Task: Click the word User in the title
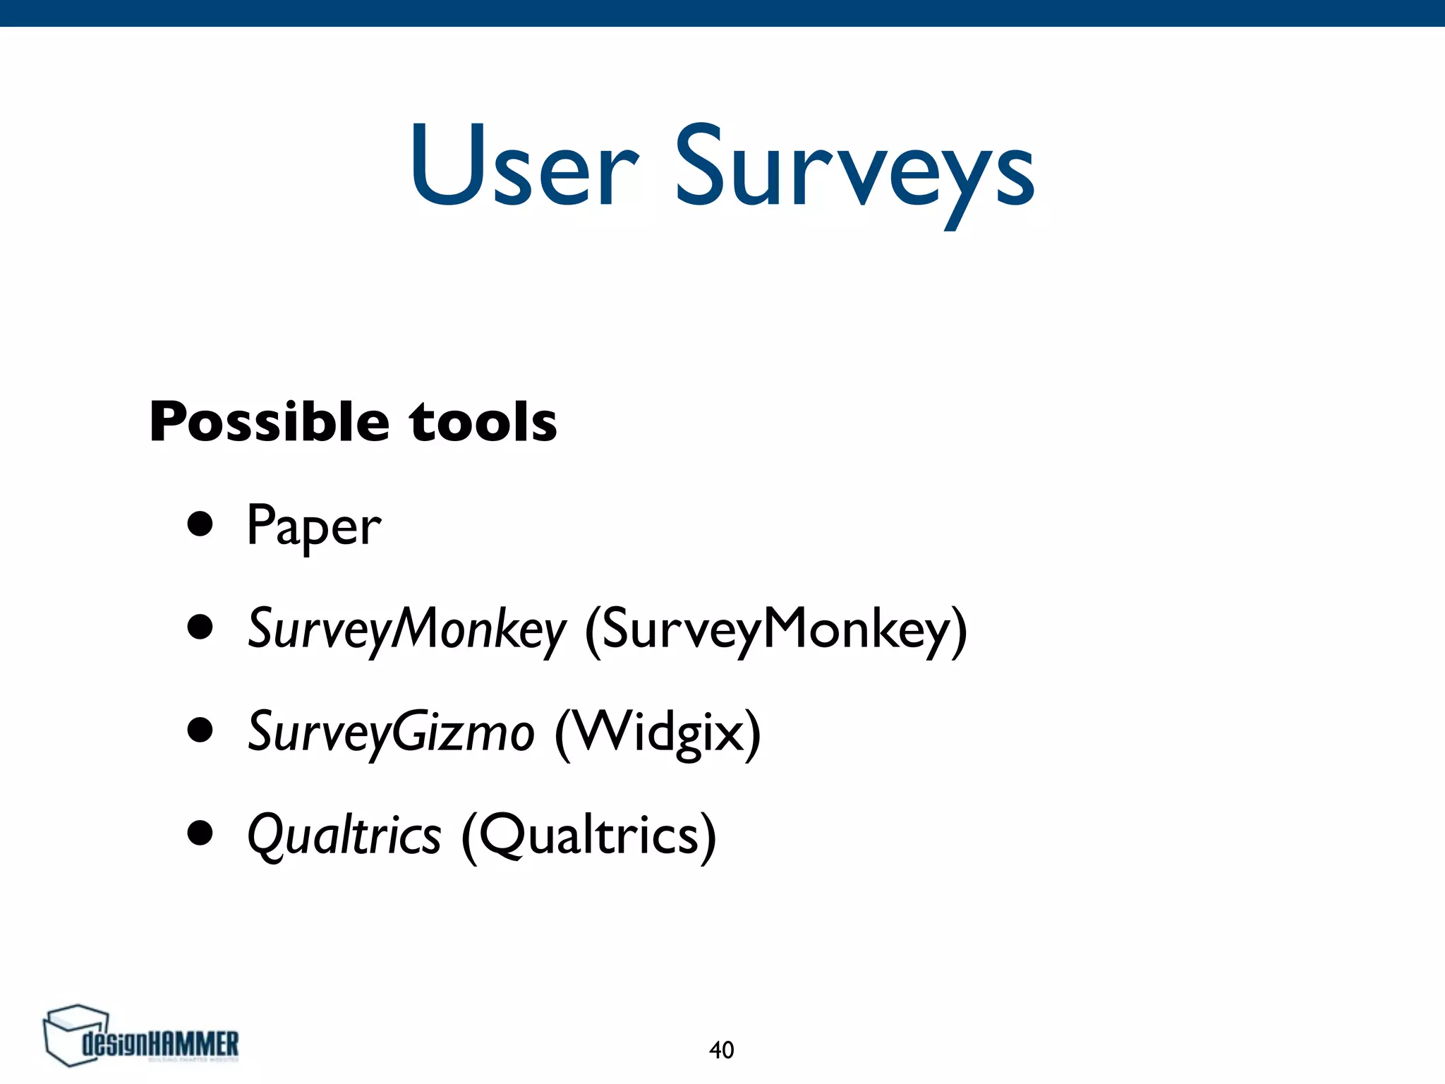[524, 167]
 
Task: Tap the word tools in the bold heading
[483, 422]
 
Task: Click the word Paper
[314, 526]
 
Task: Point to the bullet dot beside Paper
[200, 525]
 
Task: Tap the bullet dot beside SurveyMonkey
[200, 628]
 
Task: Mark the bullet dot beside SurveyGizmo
[200, 731]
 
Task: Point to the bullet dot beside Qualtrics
[200, 833]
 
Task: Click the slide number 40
[721, 1050]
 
